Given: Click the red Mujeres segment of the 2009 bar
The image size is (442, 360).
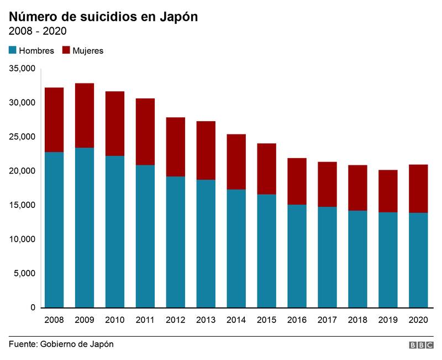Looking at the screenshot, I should (85, 116).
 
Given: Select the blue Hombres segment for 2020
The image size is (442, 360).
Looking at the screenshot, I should (418, 260).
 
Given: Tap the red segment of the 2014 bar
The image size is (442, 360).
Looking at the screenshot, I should (236, 161).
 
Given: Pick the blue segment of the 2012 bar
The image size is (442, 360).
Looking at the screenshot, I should (175, 242).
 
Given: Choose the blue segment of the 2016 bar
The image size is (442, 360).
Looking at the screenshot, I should (297, 256).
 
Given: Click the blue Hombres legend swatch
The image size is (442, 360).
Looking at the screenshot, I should (13, 50).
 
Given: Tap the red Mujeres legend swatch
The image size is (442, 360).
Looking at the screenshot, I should (66, 50).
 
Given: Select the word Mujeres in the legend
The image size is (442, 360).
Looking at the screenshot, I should (88, 51).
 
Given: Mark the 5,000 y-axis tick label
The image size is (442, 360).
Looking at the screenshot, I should (25, 273).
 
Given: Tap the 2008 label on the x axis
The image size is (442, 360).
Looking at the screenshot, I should (54, 320).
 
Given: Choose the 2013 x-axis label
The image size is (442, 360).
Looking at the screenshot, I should (206, 320).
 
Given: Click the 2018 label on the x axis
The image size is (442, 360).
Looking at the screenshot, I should (357, 320).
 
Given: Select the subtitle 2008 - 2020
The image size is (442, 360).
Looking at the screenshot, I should (38, 31).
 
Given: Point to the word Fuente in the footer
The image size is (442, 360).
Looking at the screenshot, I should (22, 344).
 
